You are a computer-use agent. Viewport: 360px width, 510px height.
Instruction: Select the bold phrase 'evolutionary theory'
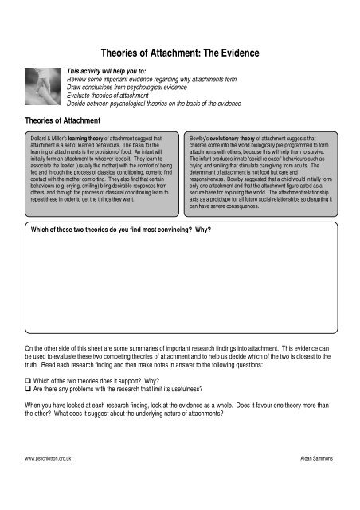234,137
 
